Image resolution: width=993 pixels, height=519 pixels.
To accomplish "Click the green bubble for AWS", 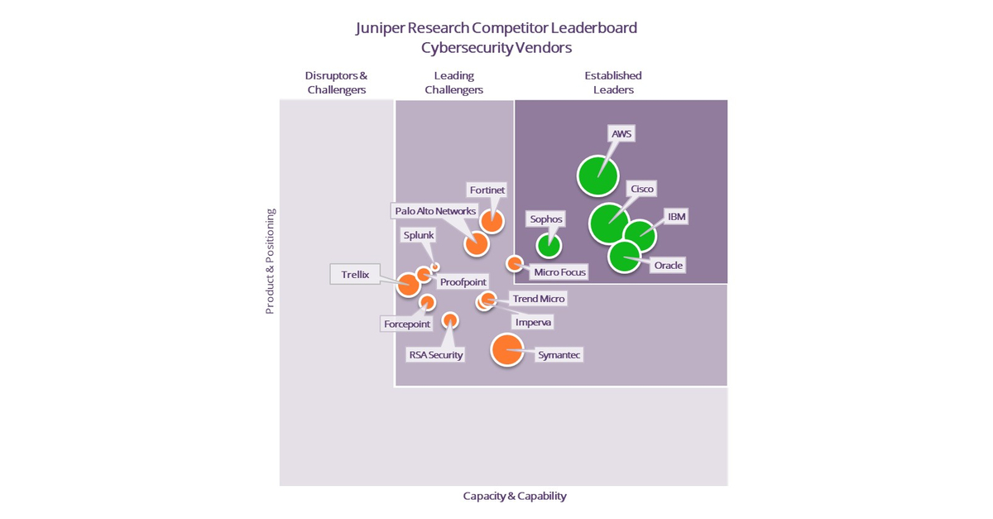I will pos(597,175).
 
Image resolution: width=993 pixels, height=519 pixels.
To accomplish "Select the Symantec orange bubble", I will pos(507,349).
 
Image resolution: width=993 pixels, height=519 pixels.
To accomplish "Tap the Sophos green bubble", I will pos(548,245).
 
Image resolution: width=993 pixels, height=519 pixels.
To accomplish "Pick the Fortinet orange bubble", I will pos(492,221).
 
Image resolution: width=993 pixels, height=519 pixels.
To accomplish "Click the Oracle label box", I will pos(667,265).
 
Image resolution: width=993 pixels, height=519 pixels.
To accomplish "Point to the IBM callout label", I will pos(676,217).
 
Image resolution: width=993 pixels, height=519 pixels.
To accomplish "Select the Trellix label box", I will pos(355,274).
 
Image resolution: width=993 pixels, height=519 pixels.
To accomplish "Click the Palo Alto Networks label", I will pos(435,211).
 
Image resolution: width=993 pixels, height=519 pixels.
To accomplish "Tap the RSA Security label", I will pos(435,355).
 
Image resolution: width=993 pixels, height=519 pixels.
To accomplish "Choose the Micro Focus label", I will pos(559,272).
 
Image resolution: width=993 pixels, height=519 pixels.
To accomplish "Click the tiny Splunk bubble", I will pos(435,267).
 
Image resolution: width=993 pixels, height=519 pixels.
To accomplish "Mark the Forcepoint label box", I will pos(406,324).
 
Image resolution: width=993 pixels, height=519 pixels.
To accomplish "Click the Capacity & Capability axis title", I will pos(515,496).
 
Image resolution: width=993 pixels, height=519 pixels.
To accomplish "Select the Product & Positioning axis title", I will pos(270,262).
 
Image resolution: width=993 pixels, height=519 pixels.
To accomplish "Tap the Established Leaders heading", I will pos(613,82).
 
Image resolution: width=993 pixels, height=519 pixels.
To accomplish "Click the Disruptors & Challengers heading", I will pos(336,82).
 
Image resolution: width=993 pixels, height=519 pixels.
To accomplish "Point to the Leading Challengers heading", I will pos(453,82).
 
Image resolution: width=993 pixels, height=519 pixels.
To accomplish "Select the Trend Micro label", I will pos(539,299).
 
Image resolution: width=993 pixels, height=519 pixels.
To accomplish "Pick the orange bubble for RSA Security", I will pos(450,320).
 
